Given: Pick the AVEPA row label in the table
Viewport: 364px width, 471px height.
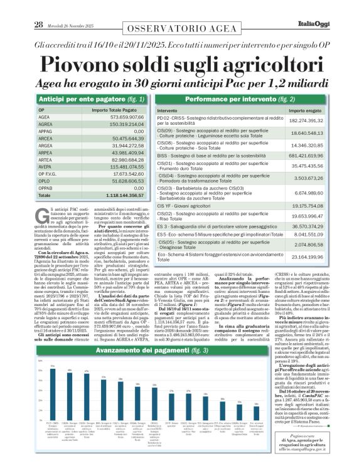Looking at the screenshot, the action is pos(45,166).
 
